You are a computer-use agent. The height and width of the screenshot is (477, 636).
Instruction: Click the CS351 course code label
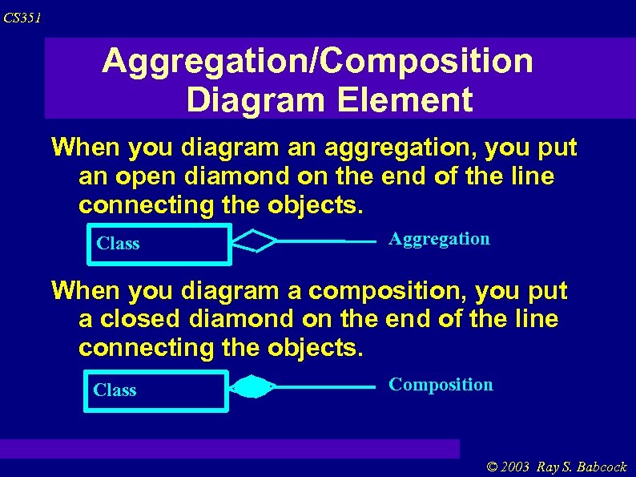click(x=22, y=18)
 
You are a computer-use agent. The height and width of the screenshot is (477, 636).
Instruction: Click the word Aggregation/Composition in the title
click(x=317, y=61)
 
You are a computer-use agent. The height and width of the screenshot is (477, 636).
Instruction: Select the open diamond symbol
click(x=254, y=241)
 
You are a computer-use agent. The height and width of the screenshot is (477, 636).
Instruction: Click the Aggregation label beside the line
click(x=439, y=239)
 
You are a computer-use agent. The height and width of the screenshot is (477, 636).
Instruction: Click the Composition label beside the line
click(x=441, y=385)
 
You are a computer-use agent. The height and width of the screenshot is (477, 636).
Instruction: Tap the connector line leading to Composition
click(x=324, y=388)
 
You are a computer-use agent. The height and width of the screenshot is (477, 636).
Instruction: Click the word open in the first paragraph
click(x=137, y=176)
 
